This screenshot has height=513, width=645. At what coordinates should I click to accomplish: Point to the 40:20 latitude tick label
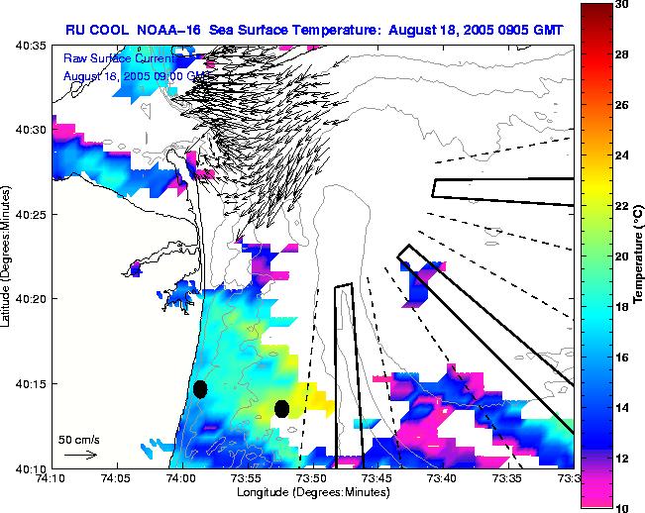pos(31,298)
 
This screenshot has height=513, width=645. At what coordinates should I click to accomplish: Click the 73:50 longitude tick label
pos(310,477)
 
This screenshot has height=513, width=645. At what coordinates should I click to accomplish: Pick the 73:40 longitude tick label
pos(441,477)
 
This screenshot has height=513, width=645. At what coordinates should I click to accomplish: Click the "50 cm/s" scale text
pos(78,438)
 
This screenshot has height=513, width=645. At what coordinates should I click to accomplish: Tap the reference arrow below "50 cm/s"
pos(79,455)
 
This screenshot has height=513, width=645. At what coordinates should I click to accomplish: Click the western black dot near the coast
pos(200,389)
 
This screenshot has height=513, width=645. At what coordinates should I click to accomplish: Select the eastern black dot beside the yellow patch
pos(281,408)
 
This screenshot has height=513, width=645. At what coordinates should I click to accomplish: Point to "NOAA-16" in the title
pos(171,31)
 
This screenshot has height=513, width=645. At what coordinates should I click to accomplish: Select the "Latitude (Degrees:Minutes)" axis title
pos(8,256)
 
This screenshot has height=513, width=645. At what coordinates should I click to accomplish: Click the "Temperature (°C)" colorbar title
pos(639,256)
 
